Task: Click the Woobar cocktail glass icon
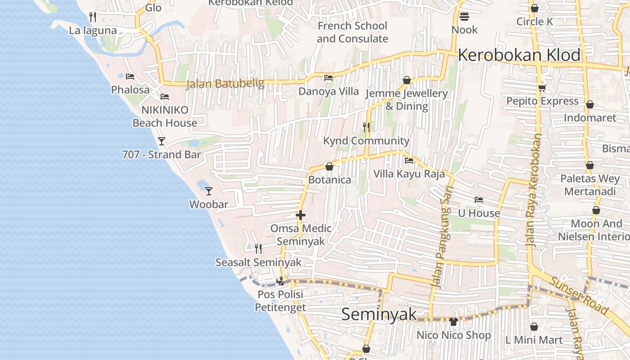coord(208,191)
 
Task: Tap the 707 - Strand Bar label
coord(162,155)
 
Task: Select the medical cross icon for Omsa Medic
coord(301,216)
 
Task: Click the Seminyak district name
coord(379,314)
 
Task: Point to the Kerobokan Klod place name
coord(519,55)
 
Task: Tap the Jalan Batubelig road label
coord(219,84)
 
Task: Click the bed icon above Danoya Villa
coord(328,78)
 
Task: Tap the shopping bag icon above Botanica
coord(329,166)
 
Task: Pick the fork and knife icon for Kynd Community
coord(366,127)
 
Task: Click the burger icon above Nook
coord(464,17)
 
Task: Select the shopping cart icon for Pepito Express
coord(542,88)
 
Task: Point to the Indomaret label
coord(590,118)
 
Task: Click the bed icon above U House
coord(479,199)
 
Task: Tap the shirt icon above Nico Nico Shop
coord(453,322)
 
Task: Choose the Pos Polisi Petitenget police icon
coord(280,281)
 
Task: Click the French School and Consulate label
coord(352,32)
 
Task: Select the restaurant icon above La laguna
coord(93,17)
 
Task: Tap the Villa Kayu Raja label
coord(409,174)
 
